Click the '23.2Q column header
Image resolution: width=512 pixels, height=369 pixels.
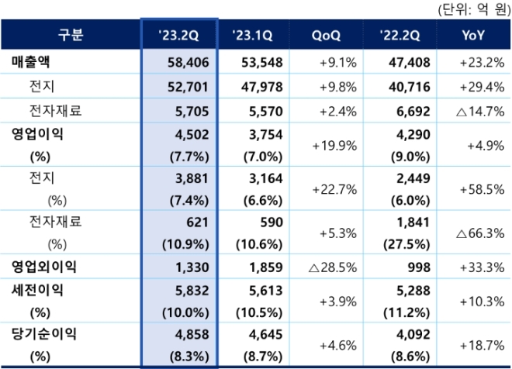click(x=179, y=36)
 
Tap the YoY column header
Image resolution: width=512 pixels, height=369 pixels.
click(x=473, y=36)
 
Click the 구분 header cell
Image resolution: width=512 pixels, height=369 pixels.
click(x=71, y=36)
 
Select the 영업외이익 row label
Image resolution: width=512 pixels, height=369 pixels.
click(x=43, y=266)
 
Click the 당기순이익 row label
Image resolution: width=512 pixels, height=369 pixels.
click(x=43, y=334)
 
